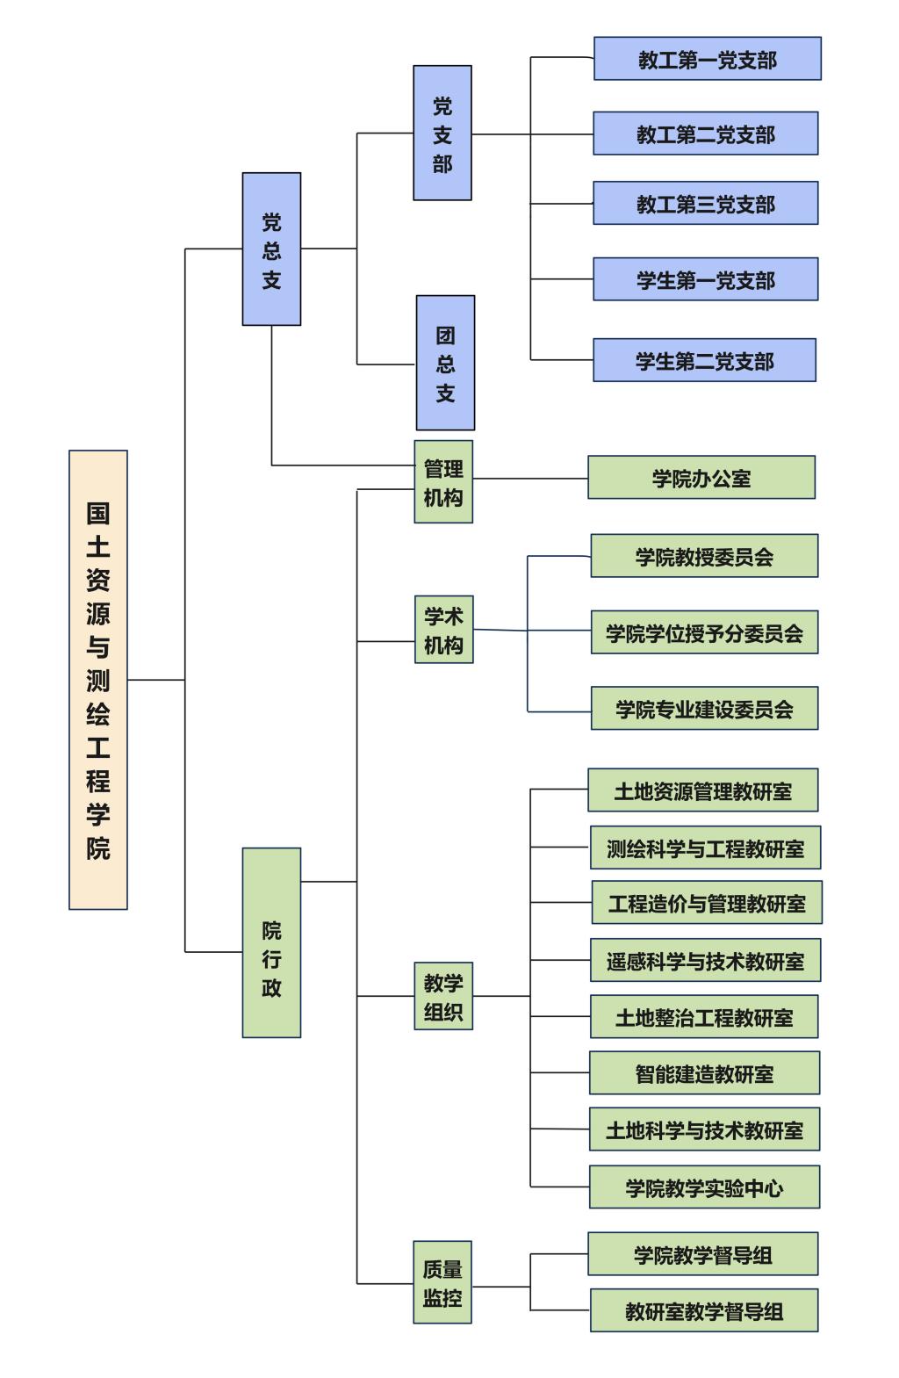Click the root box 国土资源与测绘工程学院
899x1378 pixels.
(x=97, y=679)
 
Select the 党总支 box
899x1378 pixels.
(x=271, y=249)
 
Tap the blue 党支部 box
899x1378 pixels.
(x=442, y=133)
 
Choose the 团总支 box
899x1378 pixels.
(x=445, y=363)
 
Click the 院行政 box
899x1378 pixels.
(x=271, y=942)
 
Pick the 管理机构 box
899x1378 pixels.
(x=443, y=481)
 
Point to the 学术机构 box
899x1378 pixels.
(x=444, y=630)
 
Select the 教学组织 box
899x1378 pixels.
(x=443, y=996)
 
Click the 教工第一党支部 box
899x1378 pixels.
(x=707, y=59)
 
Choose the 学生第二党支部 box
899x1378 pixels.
(x=705, y=360)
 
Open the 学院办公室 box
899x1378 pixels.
(x=701, y=478)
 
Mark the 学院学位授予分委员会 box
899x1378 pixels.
(x=705, y=631)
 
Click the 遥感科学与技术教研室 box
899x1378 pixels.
(x=705, y=960)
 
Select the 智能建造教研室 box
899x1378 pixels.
(x=705, y=1073)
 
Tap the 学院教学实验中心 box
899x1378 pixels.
(x=705, y=1187)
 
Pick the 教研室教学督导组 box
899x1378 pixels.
(x=705, y=1310)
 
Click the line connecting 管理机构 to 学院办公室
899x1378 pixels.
(x=530, y=479)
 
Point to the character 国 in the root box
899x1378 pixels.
(x=97, y=512)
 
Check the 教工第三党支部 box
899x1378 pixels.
(x=705, y=203)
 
